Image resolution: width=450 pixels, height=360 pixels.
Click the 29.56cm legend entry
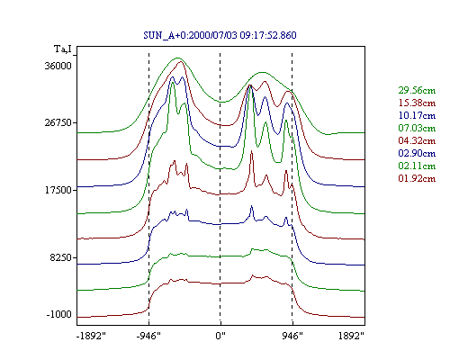[417, 90]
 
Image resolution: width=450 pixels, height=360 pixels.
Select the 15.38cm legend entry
[417, 103]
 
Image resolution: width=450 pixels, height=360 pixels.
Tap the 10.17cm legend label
[417, 115]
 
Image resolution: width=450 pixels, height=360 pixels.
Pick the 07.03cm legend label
[417, 128]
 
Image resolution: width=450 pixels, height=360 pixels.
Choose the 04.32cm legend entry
[417, 140]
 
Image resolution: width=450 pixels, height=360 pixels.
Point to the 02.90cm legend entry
[417, 153]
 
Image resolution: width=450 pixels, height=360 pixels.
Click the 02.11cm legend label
[417, 166]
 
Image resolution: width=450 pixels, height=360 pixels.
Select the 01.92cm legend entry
[417, 178]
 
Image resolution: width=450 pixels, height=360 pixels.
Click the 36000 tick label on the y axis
[58, 66]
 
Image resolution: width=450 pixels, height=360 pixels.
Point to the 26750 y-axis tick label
[58, 122]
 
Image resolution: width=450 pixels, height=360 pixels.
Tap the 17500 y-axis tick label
[58, 190]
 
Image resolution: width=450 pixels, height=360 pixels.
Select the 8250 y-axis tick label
[61, 257]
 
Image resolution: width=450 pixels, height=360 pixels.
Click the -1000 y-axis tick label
[59, 314]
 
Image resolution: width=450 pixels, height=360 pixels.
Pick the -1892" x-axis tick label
[91, 336]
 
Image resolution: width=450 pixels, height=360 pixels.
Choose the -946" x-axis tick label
[148, 336]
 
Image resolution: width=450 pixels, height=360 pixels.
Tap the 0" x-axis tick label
[220, 336]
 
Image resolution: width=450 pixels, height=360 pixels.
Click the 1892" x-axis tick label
[351, 336]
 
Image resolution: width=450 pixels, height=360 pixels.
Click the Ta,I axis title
[63, 49]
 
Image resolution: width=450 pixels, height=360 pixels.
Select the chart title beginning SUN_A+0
[220, 35]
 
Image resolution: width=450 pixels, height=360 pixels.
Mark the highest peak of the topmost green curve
[177, 58]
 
